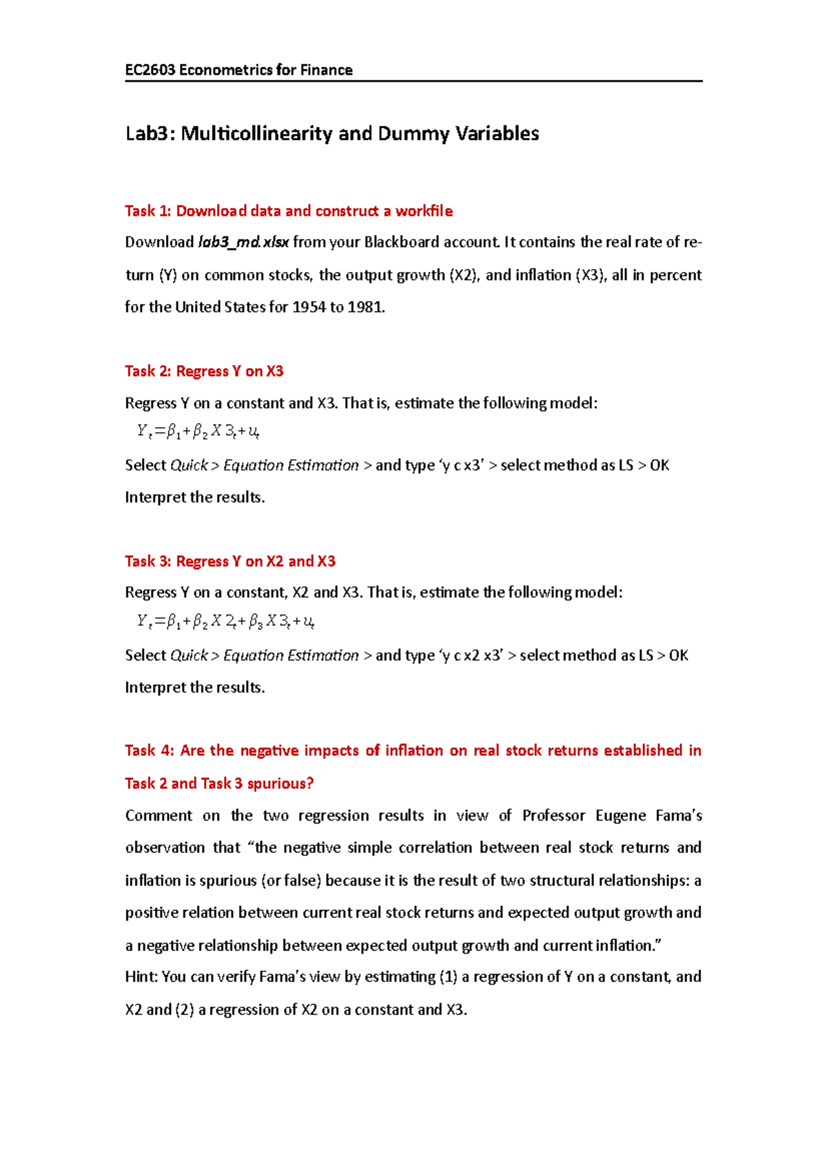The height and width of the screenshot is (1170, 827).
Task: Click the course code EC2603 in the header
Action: (150, 70)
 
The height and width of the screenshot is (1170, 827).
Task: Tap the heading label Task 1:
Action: (147, 211)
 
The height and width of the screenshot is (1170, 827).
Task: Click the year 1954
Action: (309, 307)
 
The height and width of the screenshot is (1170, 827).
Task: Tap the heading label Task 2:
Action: (147, 371)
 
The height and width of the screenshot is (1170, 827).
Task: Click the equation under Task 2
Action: (198, 432)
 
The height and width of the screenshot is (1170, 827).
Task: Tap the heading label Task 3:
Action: (147, 561)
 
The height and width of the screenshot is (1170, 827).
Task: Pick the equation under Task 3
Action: (225, 622)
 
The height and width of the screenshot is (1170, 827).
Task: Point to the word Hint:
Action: (141, 976)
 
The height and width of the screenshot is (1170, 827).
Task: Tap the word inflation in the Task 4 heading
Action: (413, 750)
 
